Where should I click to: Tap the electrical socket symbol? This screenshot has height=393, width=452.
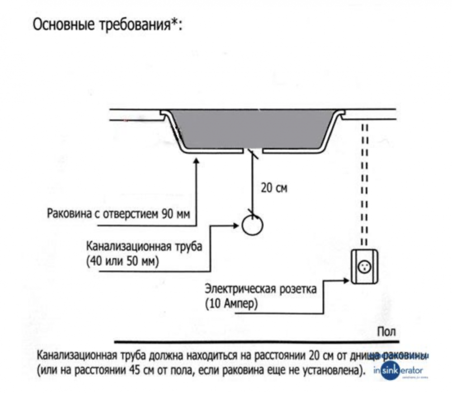(x=364, y=267)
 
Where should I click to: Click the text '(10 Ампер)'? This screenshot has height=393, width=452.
(x=231, y=303)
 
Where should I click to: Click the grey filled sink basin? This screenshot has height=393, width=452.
(x=253, y=129)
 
